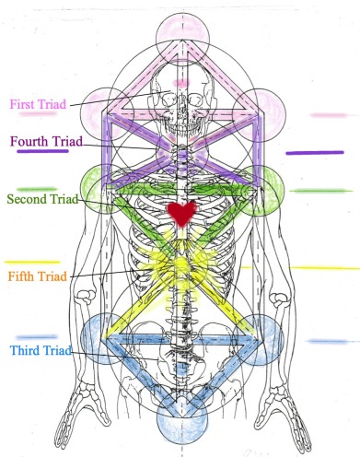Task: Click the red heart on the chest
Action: click(x=182, y=214)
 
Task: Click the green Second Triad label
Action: click(x=42, y=198)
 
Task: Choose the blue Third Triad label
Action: click(x=42, y=350)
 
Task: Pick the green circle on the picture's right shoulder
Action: click(x=262, y=187)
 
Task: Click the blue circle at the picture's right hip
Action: click(x=261, y=337)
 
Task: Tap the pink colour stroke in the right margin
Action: click(x=328, y=116)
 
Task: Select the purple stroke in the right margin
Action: click(x=315, y=152)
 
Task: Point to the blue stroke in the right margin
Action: click(x=328, y=341)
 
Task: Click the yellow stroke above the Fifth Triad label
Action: click(x=31, y=262)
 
